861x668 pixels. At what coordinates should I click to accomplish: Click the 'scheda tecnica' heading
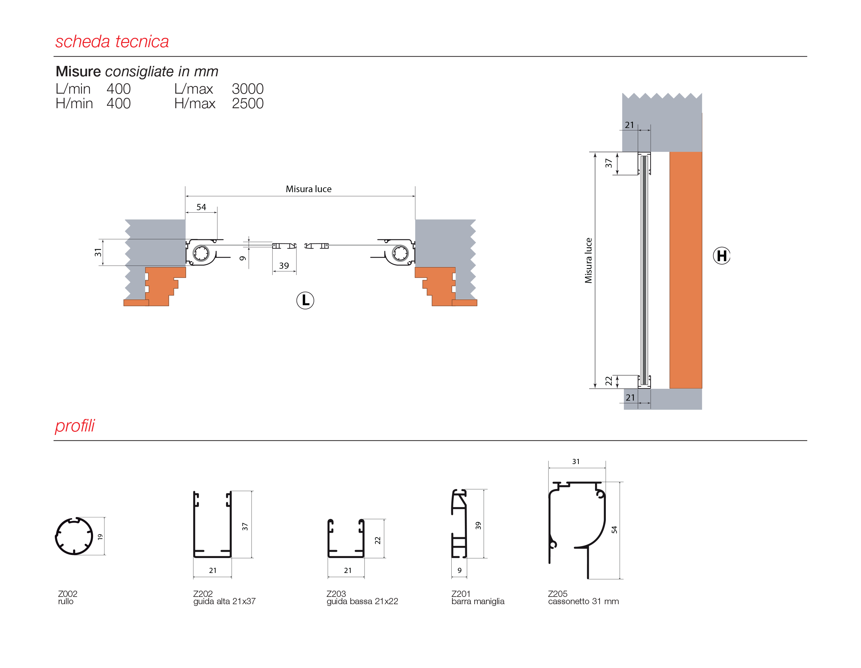click(112, 42)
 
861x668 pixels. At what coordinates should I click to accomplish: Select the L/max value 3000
click(248, 89)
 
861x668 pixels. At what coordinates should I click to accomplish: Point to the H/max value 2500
click(248, 104)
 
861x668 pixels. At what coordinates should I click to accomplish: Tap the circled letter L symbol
click(305, 300)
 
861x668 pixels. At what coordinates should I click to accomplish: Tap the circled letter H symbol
click(721, 256)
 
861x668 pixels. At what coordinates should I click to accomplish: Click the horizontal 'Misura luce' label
click(308, 189)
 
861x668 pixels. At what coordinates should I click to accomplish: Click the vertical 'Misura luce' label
click(588, 260)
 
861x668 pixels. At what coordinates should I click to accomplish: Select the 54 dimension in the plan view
click(201, 207)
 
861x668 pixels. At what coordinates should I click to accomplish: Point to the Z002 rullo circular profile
click(74, 536)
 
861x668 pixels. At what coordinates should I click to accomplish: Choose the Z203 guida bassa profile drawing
click(346, 538)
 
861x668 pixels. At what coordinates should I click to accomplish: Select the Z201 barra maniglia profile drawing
click(459, 523)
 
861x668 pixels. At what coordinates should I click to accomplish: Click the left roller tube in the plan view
click(201, 253)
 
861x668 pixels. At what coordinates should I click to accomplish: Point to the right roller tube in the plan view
click(400, 253)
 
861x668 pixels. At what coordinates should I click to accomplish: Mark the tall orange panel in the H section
click(686, 270)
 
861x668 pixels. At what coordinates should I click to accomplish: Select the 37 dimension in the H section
click(609, 163)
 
